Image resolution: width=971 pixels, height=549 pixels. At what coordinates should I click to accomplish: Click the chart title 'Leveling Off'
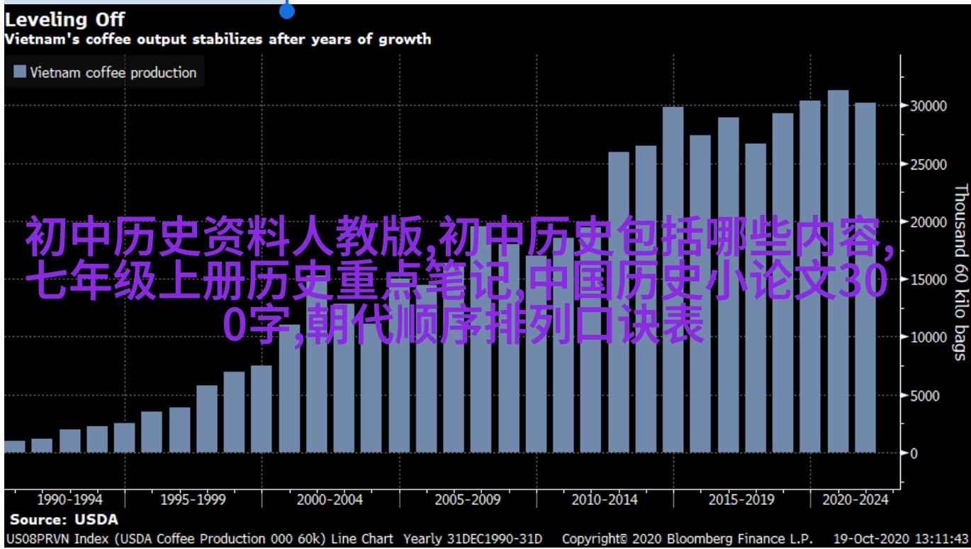pos(64,21)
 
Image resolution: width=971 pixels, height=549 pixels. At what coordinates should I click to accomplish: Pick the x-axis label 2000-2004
pos(330,500)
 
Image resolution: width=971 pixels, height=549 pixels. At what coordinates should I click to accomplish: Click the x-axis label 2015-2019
pos(741,500)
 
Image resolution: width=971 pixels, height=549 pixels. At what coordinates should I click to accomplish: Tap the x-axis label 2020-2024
pos(855,500)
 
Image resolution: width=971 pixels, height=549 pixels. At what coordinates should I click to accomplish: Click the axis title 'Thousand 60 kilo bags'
pos(960,282)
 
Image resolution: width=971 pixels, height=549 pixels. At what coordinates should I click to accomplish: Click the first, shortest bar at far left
pos(15,446)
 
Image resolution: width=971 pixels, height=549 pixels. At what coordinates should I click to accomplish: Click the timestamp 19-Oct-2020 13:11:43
pos(902,538)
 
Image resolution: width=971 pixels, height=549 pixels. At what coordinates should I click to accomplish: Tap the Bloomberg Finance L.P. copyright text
pos(687,538)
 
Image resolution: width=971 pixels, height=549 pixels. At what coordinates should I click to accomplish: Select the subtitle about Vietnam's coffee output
pos(218,39)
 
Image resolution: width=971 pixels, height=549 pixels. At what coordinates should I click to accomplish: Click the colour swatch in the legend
pos(20,72)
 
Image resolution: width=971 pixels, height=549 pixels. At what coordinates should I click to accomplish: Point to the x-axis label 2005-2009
pos(467,500)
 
